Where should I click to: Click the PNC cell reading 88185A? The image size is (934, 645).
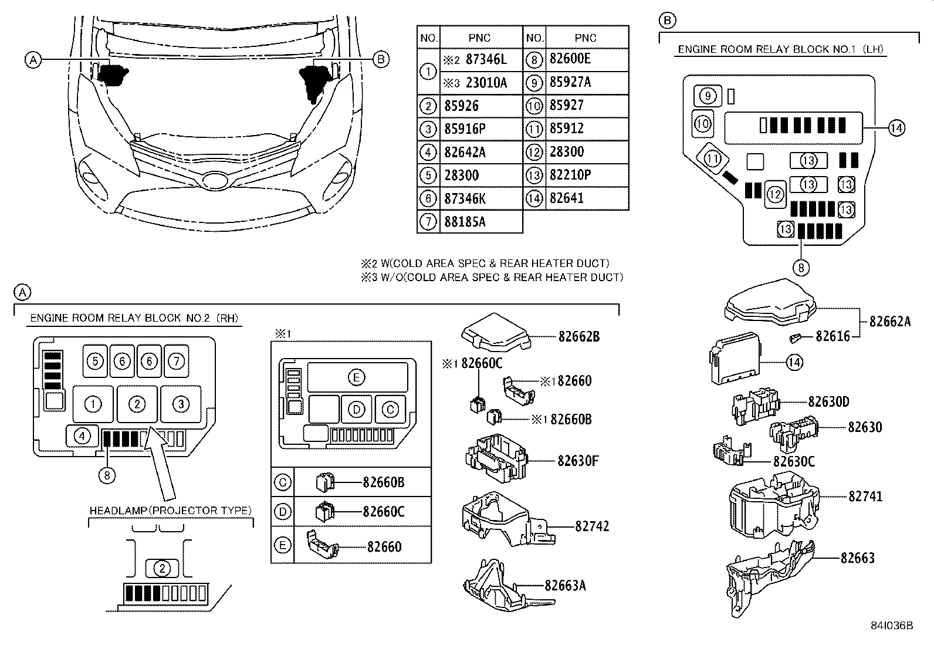(465, 222)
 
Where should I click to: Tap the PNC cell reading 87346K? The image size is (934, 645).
(465, 198)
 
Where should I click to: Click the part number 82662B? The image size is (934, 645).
(578, 337)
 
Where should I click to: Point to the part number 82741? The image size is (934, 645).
(865, 497)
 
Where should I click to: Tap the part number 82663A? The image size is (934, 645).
(565, 585)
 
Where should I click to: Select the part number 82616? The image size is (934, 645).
(833, 337)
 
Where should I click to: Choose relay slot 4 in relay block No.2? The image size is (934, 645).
(83, 436)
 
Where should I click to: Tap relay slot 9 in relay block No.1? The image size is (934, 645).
(708, 96)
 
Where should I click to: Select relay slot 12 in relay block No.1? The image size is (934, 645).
(775, 194)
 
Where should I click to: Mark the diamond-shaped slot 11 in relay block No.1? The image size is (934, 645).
(712, 158)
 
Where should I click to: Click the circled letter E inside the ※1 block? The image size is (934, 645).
(356, 377)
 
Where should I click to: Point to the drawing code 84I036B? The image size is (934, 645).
(892, 626)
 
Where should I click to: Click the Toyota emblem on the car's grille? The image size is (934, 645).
(212, 180)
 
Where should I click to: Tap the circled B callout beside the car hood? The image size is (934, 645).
(381, 59)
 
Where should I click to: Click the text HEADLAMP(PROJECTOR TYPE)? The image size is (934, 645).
(171, 511)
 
